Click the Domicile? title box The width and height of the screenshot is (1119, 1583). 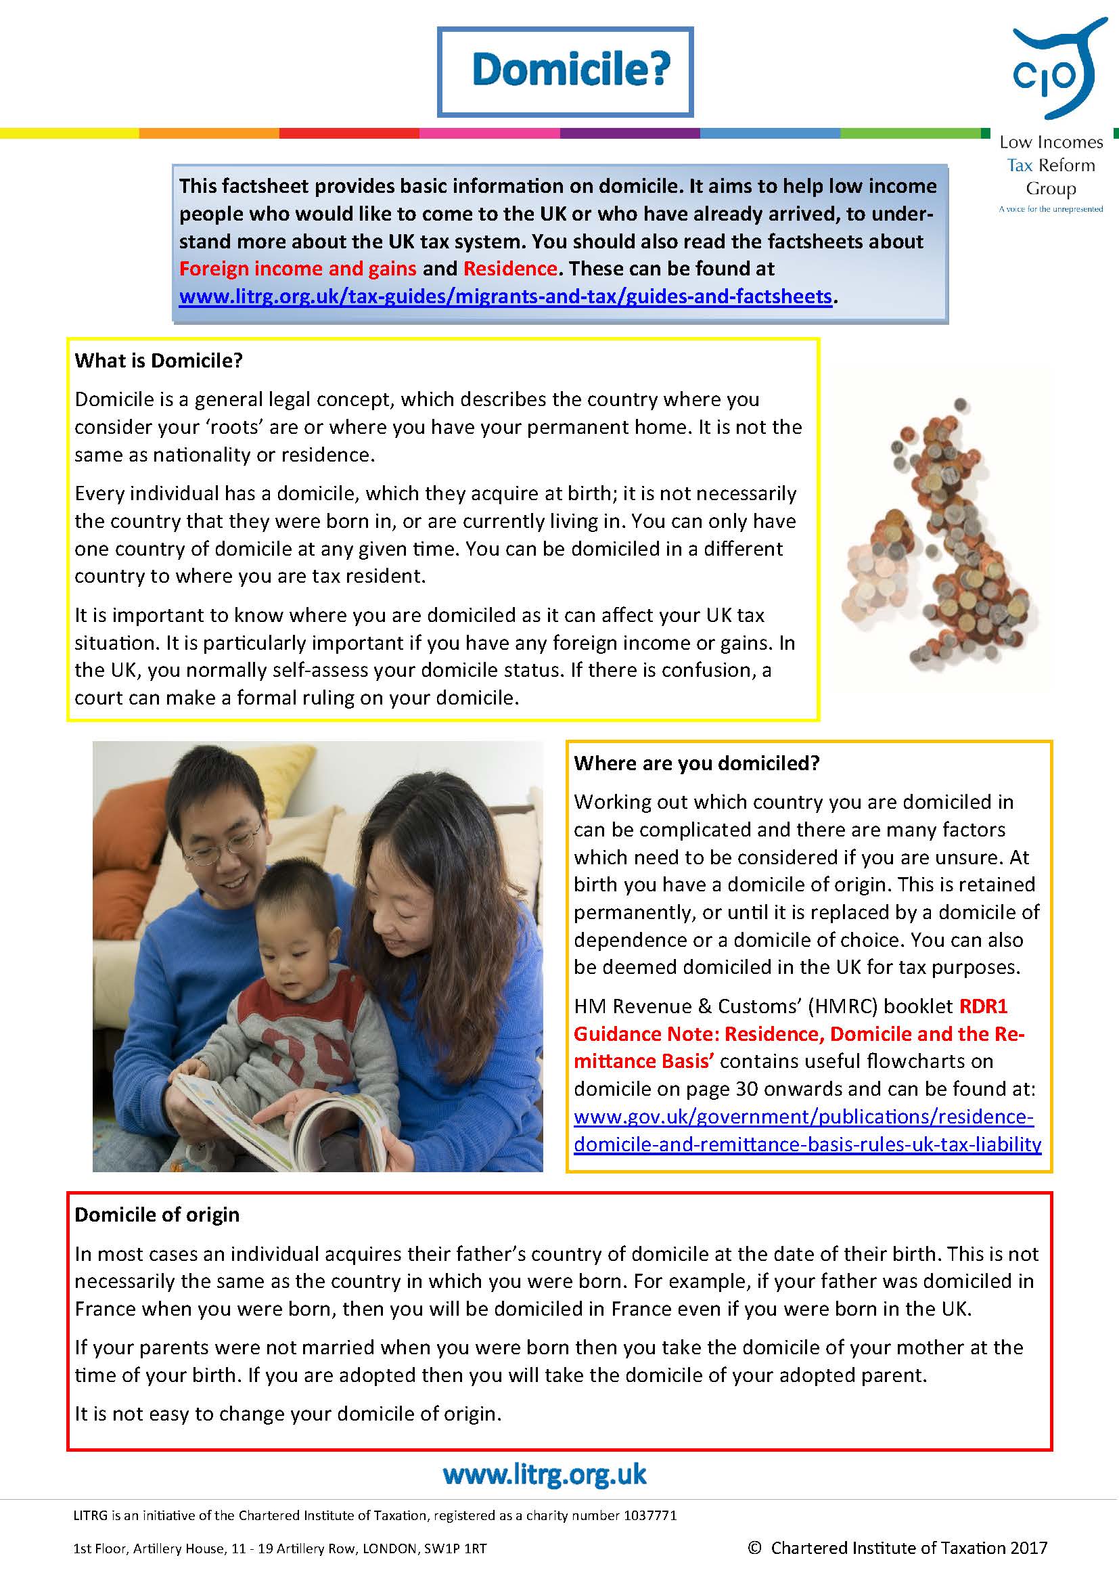[565, 71]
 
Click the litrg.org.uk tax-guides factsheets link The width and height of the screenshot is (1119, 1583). [505, 296]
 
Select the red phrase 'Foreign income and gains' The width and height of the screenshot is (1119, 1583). [298, 268]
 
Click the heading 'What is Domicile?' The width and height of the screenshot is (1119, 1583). [158, 361]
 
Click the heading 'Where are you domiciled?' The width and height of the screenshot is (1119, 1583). [697, 763]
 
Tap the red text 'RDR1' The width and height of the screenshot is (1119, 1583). [983, 1006]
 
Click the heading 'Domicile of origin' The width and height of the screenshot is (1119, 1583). [157, 1214]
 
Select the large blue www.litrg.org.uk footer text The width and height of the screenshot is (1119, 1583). [545, 1475]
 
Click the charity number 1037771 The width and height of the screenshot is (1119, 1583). [649, 1515]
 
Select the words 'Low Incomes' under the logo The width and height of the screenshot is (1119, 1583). [1051, 143]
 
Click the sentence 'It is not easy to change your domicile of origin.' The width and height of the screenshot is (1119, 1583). [288, 1413]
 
